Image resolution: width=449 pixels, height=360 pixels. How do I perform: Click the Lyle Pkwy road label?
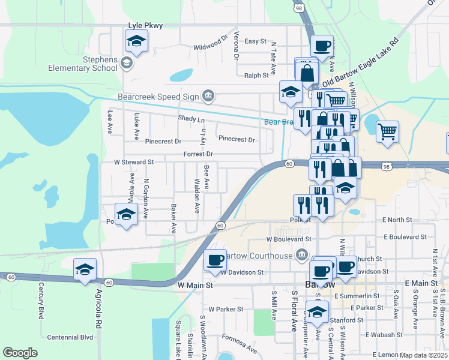(x=146, y=25)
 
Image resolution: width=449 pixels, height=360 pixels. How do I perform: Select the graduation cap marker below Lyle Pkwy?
(x=136, y=42)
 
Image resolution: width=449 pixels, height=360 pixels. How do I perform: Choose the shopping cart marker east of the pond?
(x=387, y=130)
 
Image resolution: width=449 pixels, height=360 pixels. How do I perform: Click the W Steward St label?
(x=134, y=162)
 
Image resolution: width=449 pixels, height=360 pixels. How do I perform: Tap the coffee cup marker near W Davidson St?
(x=215, y=260)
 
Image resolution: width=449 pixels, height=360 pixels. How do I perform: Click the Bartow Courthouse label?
(x=260, y=256)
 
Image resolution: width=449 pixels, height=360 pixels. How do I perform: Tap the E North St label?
(x=396, y=220)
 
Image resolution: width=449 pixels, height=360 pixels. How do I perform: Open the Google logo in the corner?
(x=20, y=353)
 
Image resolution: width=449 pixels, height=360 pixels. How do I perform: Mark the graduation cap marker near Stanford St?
(x=317, y=311)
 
